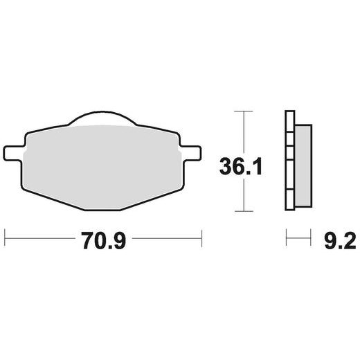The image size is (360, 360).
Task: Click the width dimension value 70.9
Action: pos(102,242)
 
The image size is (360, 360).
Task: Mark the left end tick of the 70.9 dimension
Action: pos(5,242)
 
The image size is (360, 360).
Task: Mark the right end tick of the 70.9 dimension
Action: pos(201,242)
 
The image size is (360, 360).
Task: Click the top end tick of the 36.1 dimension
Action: pos(241,111)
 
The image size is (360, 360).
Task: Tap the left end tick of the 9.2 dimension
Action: pos(286,242)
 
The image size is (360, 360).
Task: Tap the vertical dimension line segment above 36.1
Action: pos(241,132)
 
